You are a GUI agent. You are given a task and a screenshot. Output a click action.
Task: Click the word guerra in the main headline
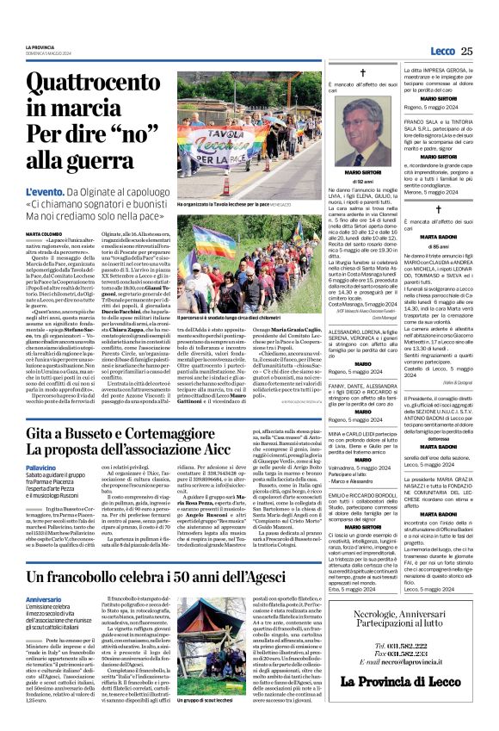tap(82, 158)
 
